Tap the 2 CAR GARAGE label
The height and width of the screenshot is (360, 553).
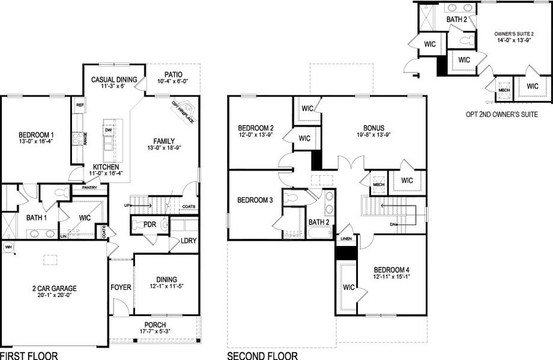pos(53,289)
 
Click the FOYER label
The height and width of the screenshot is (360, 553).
pos(121,287)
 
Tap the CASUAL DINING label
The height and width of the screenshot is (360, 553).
pos(114,79)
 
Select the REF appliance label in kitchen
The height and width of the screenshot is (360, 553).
pos(79,104)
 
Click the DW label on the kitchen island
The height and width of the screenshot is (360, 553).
pos(108,130)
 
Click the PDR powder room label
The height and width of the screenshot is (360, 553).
pos(150,224)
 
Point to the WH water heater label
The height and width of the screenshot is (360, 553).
pos(8,246)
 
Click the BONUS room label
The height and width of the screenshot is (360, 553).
pos(373,128)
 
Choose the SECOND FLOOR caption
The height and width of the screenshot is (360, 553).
pos(262,356)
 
